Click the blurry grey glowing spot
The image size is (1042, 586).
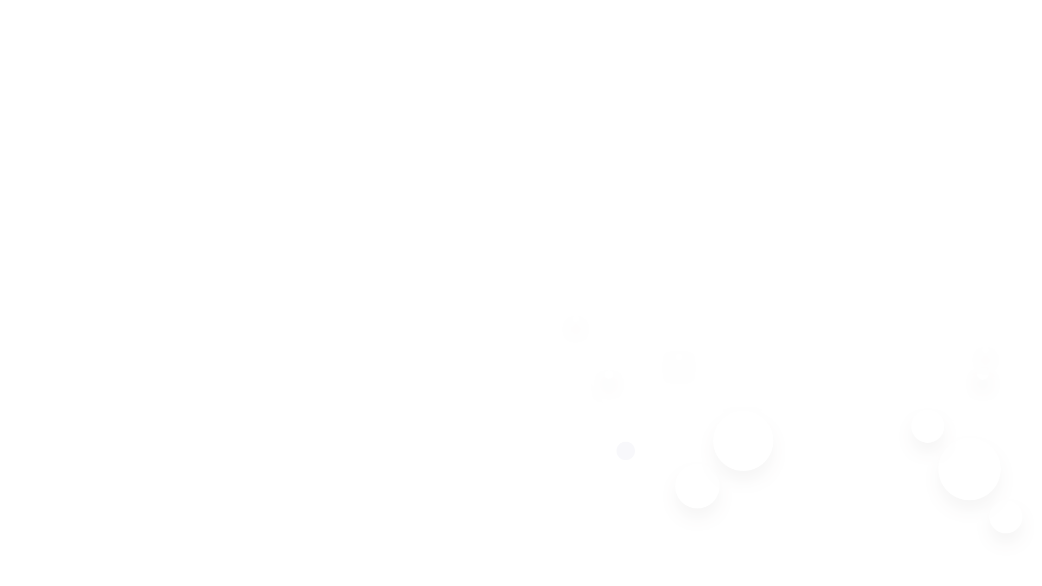point(678,368)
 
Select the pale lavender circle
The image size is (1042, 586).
point(626,451)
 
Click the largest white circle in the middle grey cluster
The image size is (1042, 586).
point(742,441)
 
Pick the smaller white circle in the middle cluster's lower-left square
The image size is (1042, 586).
point(697,486)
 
